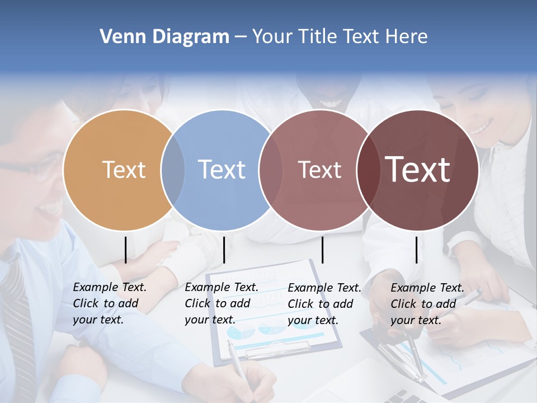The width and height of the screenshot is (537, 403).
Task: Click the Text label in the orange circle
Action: click(x=124, y=170)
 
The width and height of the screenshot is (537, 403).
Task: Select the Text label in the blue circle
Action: click(x=222, y=170)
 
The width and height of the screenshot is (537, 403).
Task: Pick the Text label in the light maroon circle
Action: click(x=319, y=170)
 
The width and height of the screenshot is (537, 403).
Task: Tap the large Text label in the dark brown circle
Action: click(x=417, y=170)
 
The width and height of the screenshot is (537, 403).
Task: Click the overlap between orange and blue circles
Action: click(x=172, y=170)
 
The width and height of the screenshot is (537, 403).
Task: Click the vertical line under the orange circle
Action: click(x=126, y=250)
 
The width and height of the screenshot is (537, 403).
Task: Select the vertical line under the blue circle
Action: click(x=224, y=250)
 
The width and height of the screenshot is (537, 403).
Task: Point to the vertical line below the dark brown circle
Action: click(x=417, y=250)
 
